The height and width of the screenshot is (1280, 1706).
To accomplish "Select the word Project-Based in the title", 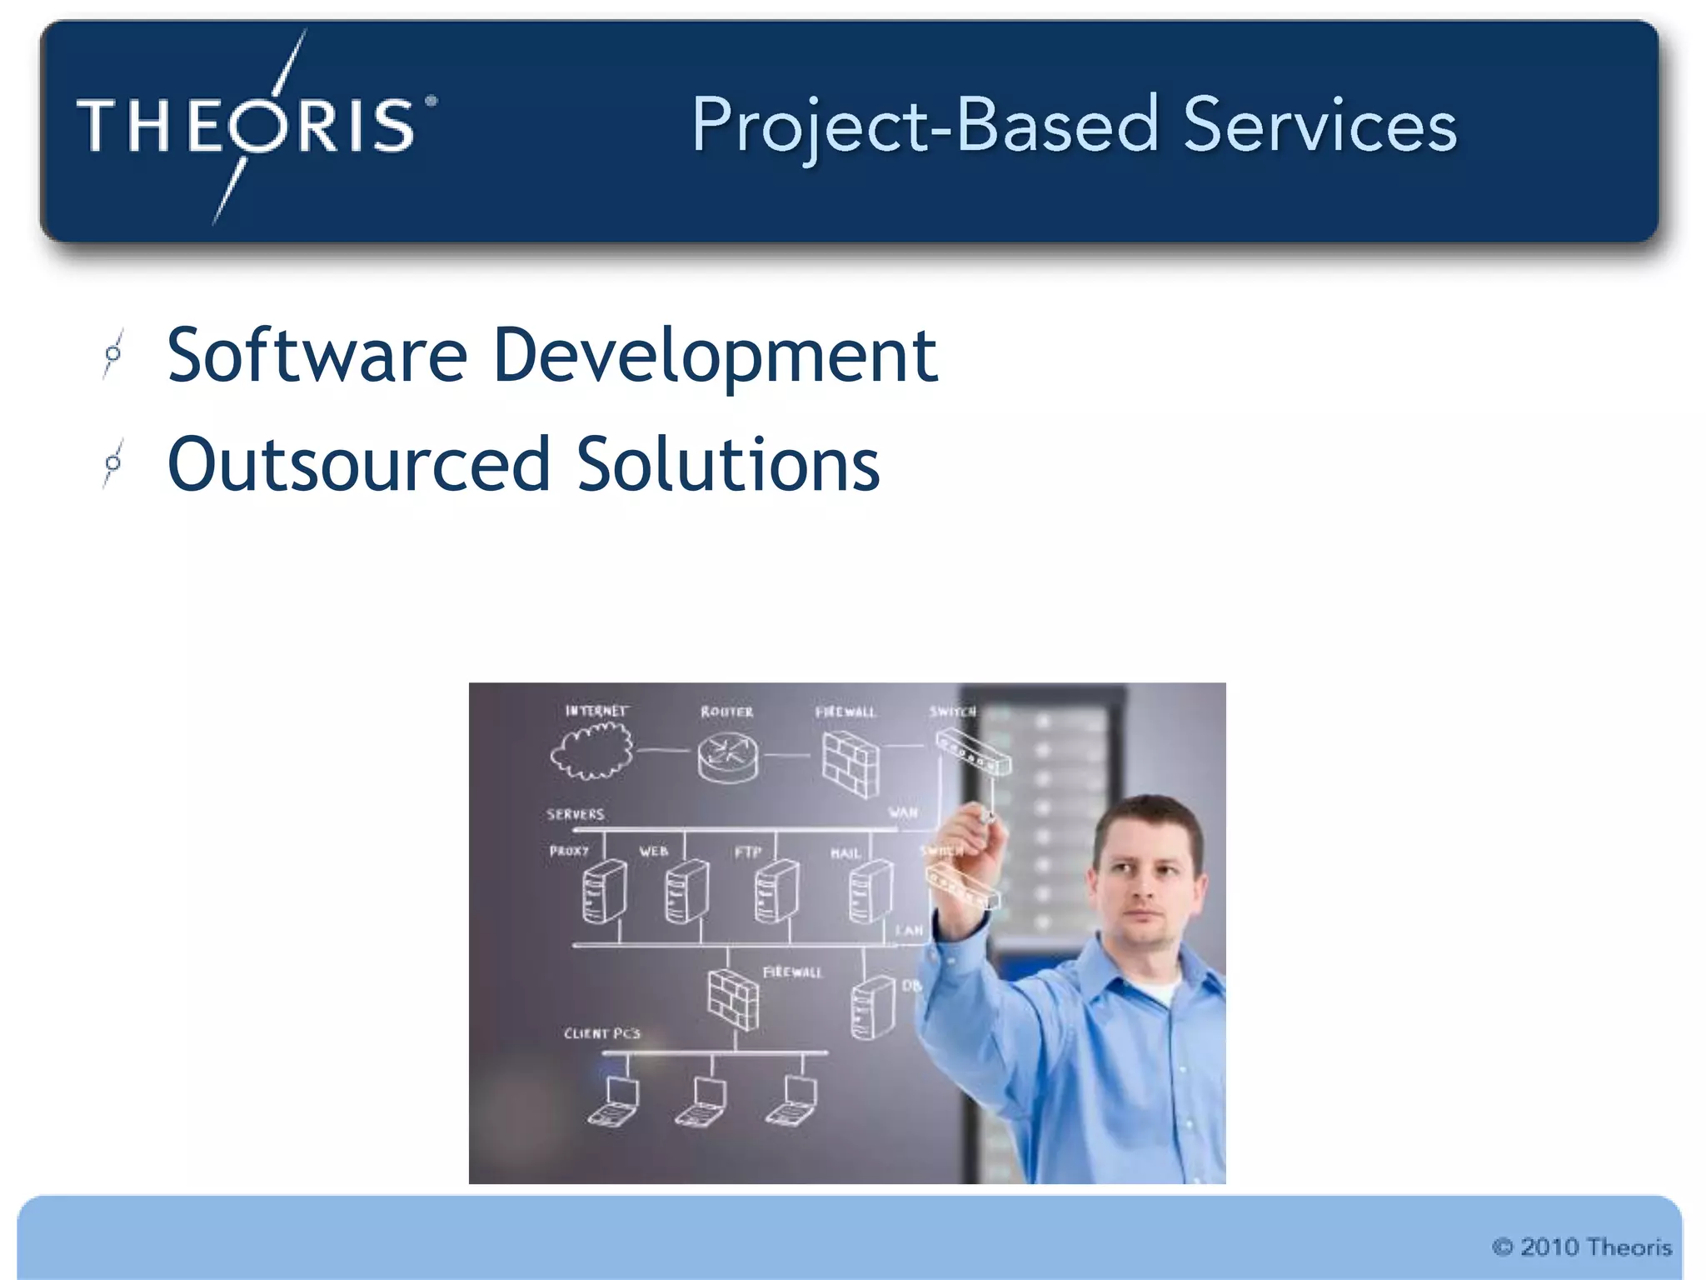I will (x=925, y=127).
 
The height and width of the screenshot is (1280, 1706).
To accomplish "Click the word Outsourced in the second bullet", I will (x=358, y=464).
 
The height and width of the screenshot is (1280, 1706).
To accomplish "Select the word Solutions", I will (x=728, y=464).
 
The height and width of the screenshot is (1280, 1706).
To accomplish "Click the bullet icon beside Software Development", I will (x=113, y=354).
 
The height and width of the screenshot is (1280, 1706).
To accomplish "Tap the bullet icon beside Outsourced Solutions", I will (x=113, y=463).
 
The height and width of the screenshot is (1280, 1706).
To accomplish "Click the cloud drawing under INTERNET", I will (x=591, y=751).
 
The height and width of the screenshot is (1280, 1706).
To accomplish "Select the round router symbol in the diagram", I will (x=728, y=757).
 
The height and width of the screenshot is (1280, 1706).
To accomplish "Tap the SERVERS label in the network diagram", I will (x=575, y=814).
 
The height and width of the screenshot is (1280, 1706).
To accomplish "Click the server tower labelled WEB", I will (x=686, y=892).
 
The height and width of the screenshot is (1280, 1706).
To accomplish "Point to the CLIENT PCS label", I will (x=601, y=1033).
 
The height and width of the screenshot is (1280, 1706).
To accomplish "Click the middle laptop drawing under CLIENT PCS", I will (x=701, y=1102).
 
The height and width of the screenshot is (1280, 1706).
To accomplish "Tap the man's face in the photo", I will (x=1148, y=883).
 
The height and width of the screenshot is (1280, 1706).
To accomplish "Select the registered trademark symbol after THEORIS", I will (x=431, y=101).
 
